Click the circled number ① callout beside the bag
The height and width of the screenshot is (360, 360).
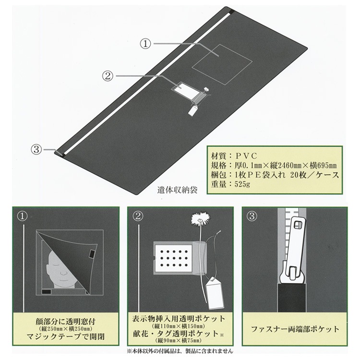pos(145,44)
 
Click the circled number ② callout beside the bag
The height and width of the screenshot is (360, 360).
pos(108,76)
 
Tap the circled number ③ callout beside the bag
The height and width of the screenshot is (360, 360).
pos(36,150)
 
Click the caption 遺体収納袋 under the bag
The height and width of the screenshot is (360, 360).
pos(177,190)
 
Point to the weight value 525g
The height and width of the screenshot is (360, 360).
pos(242,184)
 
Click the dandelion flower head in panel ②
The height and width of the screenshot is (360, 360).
pos(201,219)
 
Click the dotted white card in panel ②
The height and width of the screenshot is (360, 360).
pos(174,257)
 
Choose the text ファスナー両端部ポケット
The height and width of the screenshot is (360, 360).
pos(295,329)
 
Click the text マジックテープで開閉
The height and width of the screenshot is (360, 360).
pos(66,337)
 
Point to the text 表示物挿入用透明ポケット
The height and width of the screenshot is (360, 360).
pos(179,319)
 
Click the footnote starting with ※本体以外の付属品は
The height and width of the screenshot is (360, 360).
pos(180,351)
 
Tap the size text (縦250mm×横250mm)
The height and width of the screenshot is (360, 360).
pos(66,329)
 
